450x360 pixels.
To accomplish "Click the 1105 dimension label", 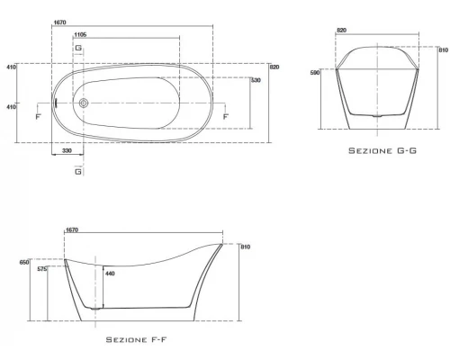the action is [80, 35].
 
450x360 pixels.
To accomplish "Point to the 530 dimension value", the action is [256, 80].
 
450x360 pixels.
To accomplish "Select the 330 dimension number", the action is [67, 150].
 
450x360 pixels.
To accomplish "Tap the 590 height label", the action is [315, 73].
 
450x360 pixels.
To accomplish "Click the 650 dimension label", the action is [24, 262].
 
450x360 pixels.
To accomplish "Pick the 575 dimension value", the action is [42, 269].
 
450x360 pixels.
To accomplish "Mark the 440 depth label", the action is [110, 274].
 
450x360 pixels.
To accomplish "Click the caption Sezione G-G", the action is [382, 150].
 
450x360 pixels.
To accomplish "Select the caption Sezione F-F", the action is [136, 339].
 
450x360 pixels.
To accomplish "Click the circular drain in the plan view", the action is [84, 103].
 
